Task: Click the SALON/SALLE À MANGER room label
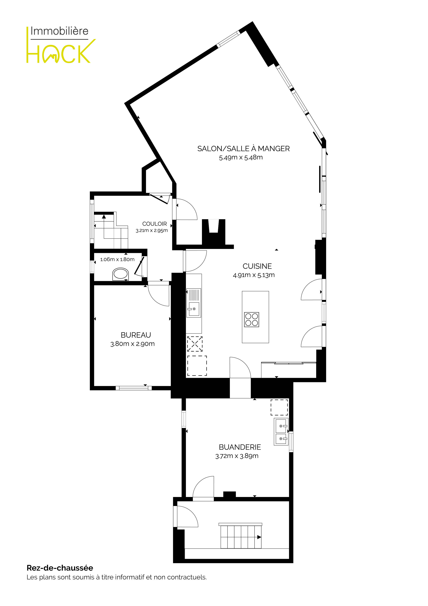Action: point(243,149)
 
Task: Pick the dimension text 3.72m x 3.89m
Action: point(237,456)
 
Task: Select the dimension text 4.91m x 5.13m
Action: point(254,275)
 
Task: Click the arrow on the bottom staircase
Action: point(259,537)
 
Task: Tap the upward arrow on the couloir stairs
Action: point(104,217)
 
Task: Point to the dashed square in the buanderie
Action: point(279,407)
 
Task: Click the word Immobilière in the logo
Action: point(59,31)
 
